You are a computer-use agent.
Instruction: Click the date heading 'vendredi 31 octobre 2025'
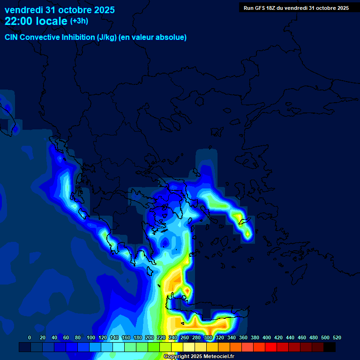tap(60, 10)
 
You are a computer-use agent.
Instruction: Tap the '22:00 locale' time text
tap(36, 21)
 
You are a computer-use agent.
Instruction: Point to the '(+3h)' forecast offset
tap(79, 21)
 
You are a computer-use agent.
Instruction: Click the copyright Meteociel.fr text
tap(199, 357)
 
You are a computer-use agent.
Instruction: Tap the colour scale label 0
tap(30, 338)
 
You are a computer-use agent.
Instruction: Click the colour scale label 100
tap(91, 338)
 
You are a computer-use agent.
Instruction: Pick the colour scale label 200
tap(150, 338)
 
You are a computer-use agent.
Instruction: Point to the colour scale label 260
tap(185, 338)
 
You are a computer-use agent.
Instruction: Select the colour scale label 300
tap(208, 338)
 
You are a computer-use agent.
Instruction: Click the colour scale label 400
tap(267, 338)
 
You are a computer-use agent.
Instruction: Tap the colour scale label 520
tap(337, 338)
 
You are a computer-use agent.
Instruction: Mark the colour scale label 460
tap(302, 338)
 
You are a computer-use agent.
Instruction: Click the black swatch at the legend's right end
tap(330, 347)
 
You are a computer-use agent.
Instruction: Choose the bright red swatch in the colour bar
tap(271, 347)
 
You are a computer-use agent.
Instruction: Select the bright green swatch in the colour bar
tap(154, 347)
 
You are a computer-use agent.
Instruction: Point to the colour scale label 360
tap(243, 338)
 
